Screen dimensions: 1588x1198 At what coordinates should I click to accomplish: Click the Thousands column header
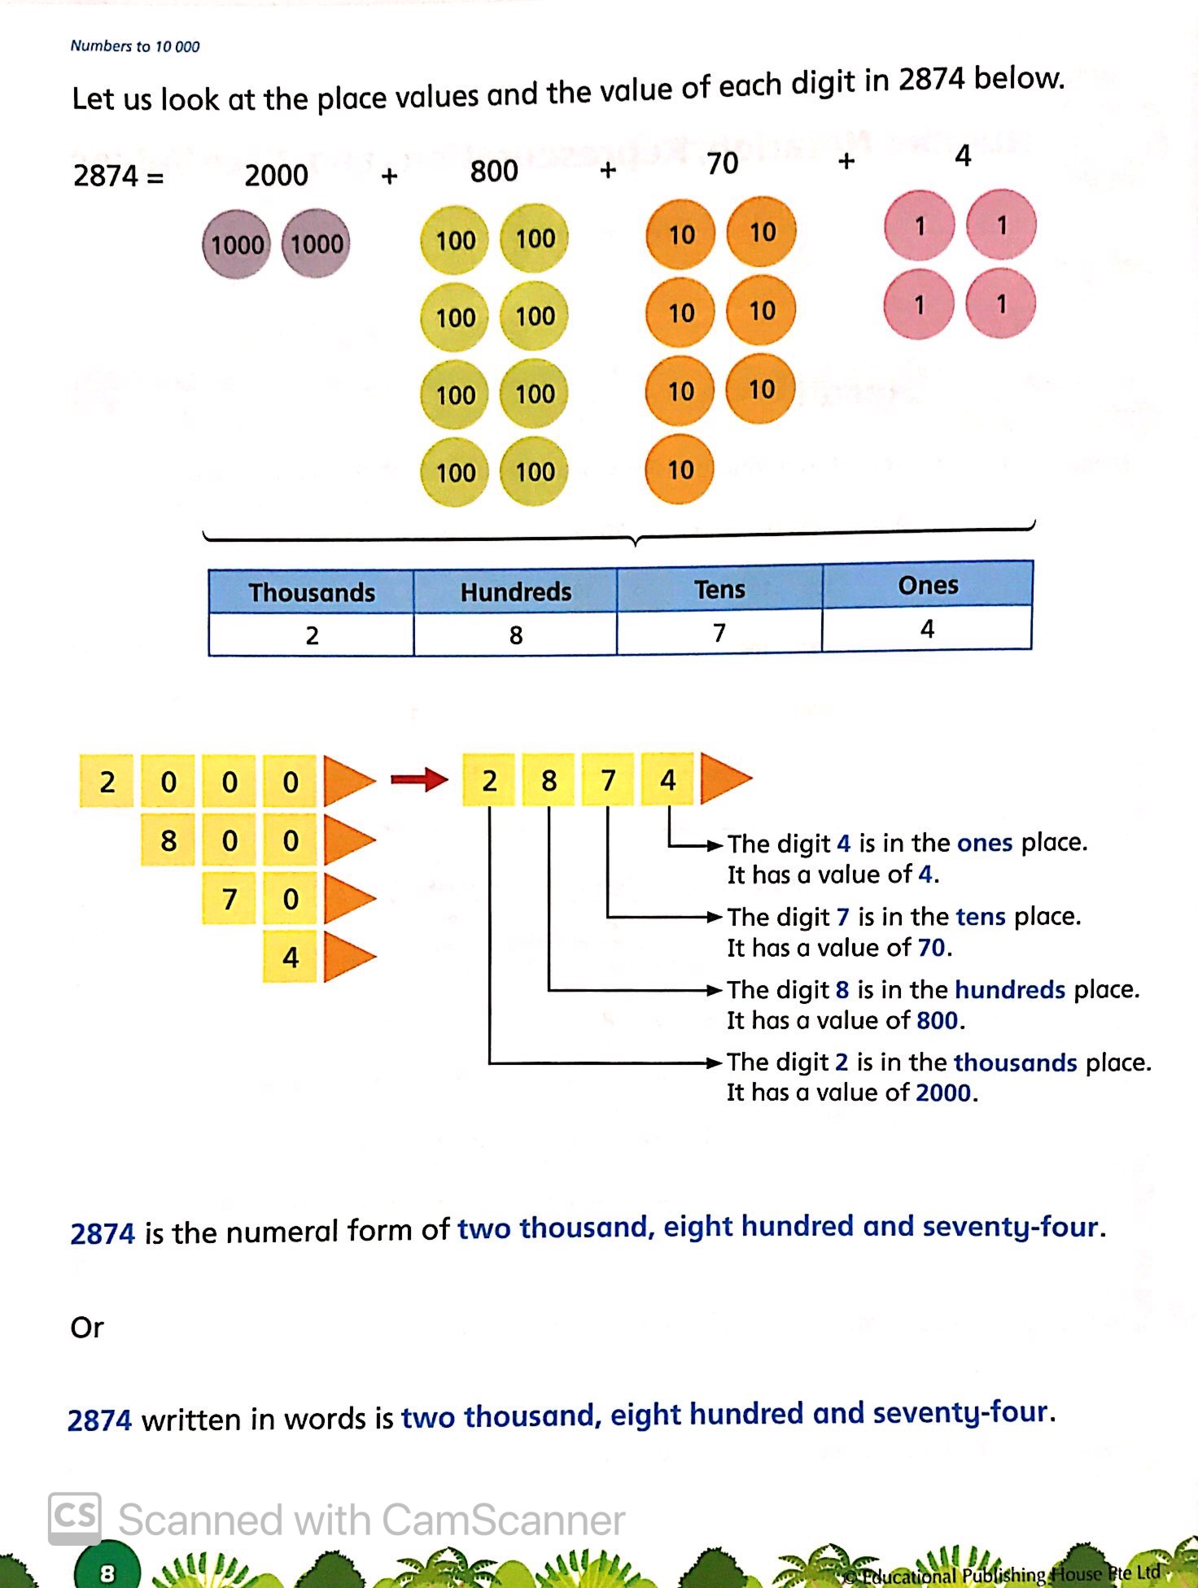click(311, 592)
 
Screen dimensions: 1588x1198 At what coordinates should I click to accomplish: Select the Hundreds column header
click(515, 591)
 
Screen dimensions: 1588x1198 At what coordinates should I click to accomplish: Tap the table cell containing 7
click(719, 632)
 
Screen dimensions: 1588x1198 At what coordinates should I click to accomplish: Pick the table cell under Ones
click(926, 629)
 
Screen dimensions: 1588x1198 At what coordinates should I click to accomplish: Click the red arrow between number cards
click(419, 779)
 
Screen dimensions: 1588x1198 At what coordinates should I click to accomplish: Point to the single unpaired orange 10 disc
click(680, 469)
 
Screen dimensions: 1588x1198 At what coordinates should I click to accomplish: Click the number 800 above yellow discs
click(494, 172)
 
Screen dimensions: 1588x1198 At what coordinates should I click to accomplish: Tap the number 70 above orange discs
click(722, 164)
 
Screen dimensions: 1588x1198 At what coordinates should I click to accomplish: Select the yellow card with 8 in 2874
click(549, 780)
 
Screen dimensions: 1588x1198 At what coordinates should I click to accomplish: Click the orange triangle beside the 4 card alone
click(348, 957)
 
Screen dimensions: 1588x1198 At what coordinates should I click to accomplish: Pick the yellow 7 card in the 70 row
click(230, 899)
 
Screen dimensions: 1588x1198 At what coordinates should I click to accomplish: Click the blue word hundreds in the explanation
click(1009, 990)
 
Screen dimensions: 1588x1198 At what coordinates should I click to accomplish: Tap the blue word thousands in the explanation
click(1015, 1062)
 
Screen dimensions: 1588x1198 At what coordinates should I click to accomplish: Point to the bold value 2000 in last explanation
click(942, 1093)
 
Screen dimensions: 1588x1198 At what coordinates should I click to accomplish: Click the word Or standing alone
click(87, 1328)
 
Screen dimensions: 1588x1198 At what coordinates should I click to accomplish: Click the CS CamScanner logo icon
click(75, 1518)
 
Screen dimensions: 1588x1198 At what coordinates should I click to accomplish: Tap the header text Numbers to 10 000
click(134, 46)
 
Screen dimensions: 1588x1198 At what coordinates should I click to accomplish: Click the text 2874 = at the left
click(118, 176)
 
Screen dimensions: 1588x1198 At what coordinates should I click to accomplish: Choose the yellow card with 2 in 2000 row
click(107, 782)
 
